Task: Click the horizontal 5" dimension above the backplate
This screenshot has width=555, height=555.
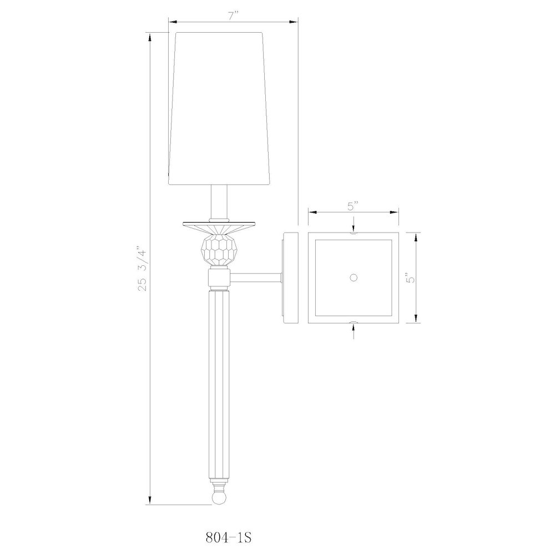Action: (x=353, y=206)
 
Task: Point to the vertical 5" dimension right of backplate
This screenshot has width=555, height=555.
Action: (x=410, y=278)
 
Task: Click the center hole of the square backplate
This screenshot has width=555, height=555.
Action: (x=353, y=277)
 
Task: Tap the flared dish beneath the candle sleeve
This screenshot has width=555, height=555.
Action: (x=219, y=226)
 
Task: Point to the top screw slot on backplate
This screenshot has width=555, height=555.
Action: (x=353, y=234)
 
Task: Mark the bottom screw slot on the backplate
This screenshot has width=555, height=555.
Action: (x=353, y=321)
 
